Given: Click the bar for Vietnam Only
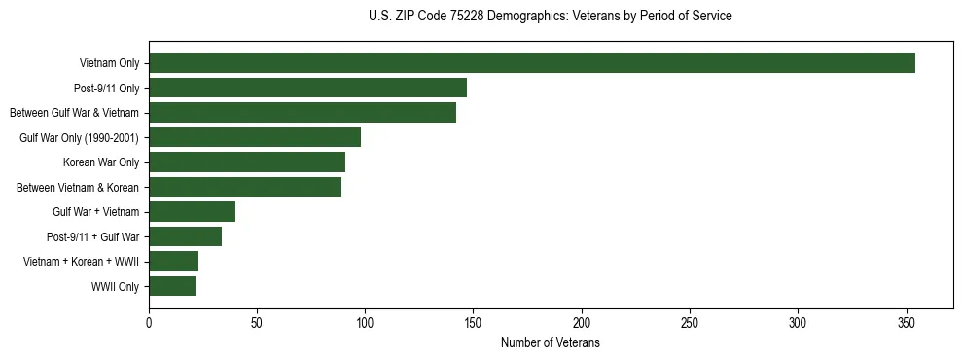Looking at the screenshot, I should point(531,63).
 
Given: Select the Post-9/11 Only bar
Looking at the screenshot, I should point(307,88).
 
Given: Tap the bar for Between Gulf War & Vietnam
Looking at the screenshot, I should point(303,113).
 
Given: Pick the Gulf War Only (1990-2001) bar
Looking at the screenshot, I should point(255,137).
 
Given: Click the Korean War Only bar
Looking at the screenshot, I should point(247,162).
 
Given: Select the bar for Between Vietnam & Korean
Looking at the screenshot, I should point(245,187).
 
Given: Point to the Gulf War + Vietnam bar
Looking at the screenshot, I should point(192,212).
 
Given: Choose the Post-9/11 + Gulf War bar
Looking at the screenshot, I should point(185,236).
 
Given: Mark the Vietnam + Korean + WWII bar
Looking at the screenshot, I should point(173,262).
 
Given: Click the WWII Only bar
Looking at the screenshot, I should point(172,286).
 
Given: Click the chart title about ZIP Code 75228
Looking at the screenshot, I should point(551,17).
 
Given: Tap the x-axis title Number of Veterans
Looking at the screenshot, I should point(551,343).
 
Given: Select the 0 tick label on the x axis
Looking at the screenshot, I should point(149,322).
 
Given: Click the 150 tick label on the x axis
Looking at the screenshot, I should point(474,322).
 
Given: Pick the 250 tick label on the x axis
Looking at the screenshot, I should point(690,322).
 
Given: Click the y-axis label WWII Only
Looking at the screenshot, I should point(115,287).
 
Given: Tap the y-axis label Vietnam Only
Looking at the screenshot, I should point(109,64).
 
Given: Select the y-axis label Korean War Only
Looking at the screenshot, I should point(101,162).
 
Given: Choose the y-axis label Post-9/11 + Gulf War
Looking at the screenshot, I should point(92,237).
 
